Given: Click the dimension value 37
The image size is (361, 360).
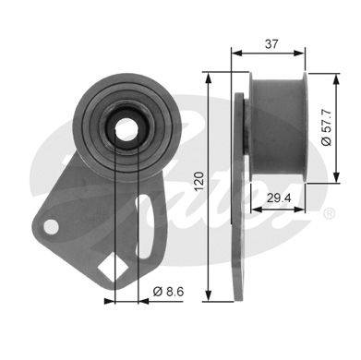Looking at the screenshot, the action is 271,44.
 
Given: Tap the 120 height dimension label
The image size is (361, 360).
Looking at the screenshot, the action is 199,181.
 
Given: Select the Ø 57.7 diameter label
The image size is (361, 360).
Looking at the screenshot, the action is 326,127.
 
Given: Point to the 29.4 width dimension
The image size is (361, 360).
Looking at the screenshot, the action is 279,198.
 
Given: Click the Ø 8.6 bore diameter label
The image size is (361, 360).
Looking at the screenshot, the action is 168,291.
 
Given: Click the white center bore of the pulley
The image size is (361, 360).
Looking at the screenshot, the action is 126,129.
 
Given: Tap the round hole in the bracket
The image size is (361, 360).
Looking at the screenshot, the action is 51,227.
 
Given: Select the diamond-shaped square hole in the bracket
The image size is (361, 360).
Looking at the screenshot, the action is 113,269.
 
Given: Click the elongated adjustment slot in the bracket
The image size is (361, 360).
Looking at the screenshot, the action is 144,227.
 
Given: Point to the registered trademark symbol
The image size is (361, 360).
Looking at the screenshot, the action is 329,214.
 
